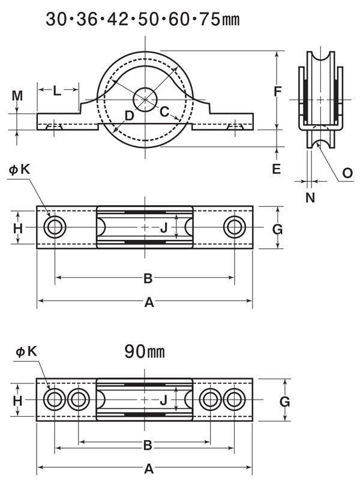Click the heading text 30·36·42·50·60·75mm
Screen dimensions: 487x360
143,19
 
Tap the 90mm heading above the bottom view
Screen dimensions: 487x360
144,351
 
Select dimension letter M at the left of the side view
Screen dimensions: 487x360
17,95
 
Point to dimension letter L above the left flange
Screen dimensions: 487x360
57,91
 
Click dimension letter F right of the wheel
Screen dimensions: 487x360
277,91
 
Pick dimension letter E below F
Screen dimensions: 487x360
276,169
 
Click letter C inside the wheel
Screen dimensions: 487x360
164,111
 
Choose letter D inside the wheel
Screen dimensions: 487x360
129,116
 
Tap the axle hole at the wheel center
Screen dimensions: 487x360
145,99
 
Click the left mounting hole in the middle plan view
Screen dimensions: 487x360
55,227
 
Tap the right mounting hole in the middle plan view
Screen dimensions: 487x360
235,227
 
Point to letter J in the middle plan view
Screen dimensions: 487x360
163,227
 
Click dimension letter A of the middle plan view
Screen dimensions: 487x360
149,303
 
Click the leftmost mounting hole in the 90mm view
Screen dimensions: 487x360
55,399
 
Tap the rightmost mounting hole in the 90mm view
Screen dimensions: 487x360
235,399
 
